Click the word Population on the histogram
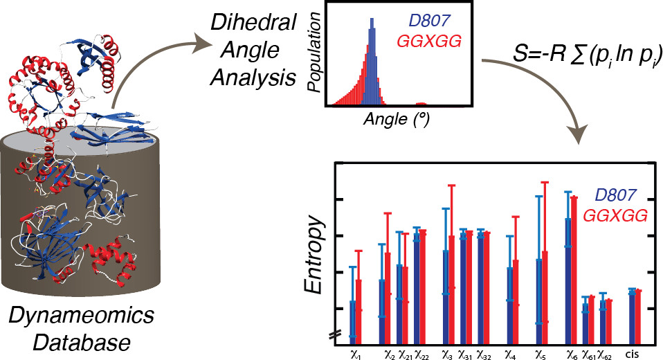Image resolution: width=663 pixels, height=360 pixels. click(x=314, y=56)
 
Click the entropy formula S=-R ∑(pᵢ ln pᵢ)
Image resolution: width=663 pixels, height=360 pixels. click(x=567, y=50)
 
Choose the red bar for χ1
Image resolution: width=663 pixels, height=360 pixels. click(x=358, y=307)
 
